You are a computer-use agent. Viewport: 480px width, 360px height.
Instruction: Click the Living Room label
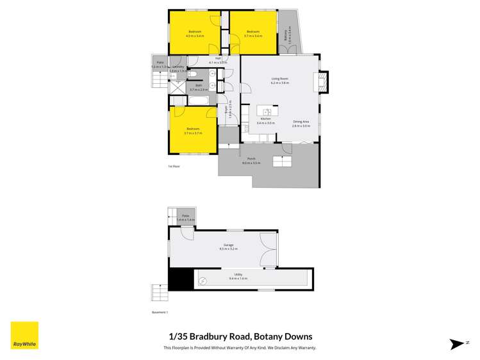[279, 79]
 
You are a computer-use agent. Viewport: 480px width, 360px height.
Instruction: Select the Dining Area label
[301, 123]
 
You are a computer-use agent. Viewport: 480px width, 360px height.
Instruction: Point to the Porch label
[251, 161]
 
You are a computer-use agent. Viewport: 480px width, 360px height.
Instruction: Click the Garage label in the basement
[228, 246]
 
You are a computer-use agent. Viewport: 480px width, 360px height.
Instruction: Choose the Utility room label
[238, 276]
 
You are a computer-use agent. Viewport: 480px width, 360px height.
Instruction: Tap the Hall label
[218, 60]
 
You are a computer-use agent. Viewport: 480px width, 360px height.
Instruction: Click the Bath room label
[199, 87]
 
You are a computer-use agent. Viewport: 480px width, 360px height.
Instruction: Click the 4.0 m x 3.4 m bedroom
[194, 33]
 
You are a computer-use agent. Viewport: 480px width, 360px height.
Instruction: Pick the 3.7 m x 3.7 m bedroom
[193, 131]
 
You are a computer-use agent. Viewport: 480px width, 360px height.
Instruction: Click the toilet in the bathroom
[193, 74]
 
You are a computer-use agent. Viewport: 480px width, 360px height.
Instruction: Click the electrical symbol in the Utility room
[203, 281]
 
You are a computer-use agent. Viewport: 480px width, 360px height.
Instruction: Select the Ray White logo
[24, 336]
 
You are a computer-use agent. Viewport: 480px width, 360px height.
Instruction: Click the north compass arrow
[457, 344]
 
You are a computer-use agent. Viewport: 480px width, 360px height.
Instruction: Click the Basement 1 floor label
[158, 312]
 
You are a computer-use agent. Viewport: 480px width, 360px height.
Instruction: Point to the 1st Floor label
[174, 166]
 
